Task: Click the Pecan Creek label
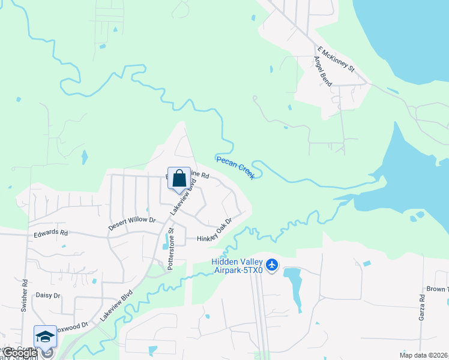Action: coord(235,167)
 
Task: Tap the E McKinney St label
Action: coord(336,60)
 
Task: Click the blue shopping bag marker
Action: coord(179,179)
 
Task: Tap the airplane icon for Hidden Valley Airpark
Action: coord(272,264)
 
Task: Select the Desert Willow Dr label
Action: coord(131,224)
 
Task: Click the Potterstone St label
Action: coord(170,248)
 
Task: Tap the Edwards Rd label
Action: coord(51,233)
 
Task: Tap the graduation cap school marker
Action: coord(45,338)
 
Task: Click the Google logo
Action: coord(19,353)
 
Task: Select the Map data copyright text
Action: coord(424,355)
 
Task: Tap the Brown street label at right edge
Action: coord(436,289)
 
